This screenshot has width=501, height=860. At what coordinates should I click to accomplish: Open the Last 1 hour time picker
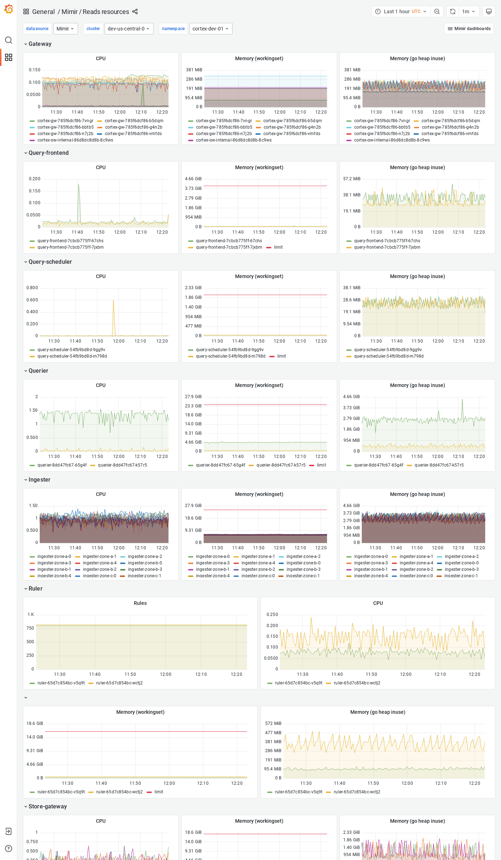401,11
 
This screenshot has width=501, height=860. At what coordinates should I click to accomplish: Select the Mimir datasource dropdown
65,29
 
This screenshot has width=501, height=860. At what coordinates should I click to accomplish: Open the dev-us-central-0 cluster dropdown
128,29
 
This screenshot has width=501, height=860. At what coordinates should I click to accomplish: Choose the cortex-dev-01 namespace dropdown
210,29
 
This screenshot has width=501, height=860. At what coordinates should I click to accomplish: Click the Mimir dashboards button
469,29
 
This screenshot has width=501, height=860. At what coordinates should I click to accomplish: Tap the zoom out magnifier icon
437,11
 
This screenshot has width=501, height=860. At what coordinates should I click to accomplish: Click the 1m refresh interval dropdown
468,11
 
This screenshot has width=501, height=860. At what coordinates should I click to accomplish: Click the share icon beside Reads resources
135,11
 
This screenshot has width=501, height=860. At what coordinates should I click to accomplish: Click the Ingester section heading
39,479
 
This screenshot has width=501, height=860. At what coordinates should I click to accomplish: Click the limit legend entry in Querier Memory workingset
321,465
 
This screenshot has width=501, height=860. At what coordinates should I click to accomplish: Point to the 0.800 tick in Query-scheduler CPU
32,288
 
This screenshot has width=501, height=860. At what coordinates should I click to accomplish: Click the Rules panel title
140,603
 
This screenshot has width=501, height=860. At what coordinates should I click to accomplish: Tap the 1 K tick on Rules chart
31,615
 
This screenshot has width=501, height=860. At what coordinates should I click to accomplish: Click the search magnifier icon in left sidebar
9,40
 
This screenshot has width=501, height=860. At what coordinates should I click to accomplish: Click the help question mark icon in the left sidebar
9,849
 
